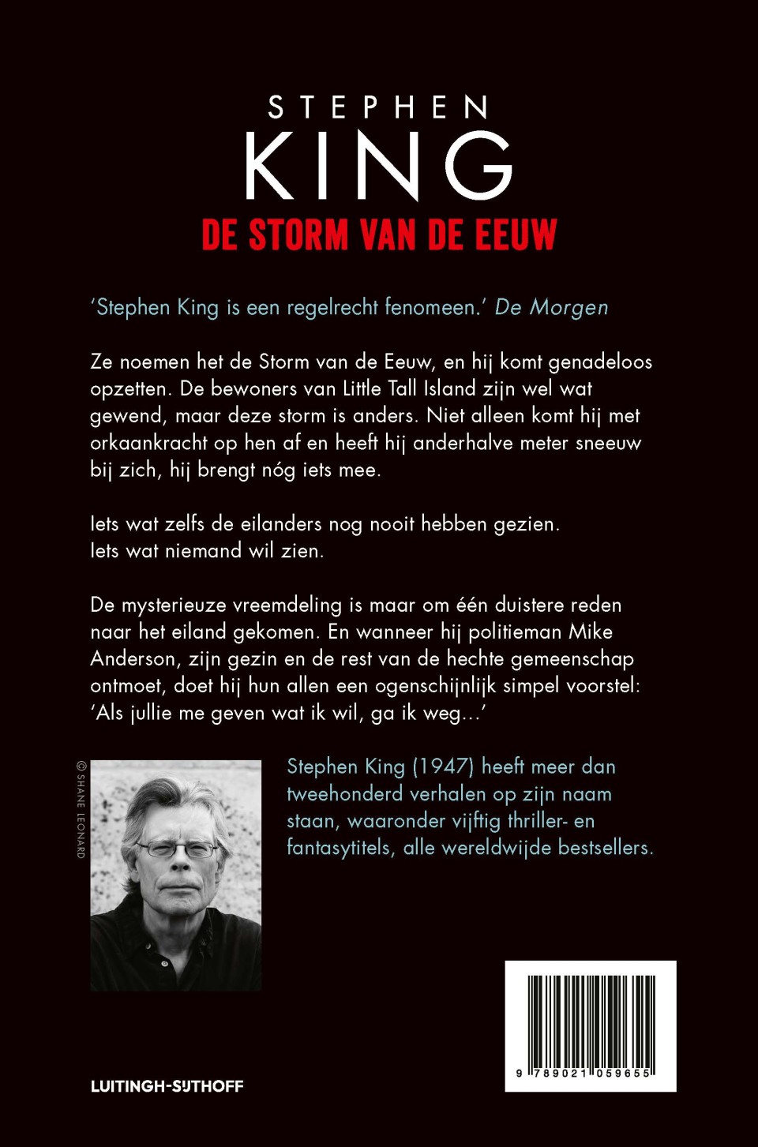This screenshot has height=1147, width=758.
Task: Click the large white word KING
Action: [378, 166]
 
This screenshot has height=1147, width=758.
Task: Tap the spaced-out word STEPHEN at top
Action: [378, 107]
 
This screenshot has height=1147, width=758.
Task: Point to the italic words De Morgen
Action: [551, 308]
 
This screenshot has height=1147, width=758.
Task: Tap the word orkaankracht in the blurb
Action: [148, 443]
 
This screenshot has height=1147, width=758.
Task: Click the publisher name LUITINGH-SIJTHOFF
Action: [167, 1086]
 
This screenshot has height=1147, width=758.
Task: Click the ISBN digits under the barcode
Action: [584, 1074]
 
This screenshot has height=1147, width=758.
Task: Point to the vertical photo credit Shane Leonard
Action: [81, 810]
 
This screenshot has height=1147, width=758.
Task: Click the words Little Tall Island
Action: [409, 389]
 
